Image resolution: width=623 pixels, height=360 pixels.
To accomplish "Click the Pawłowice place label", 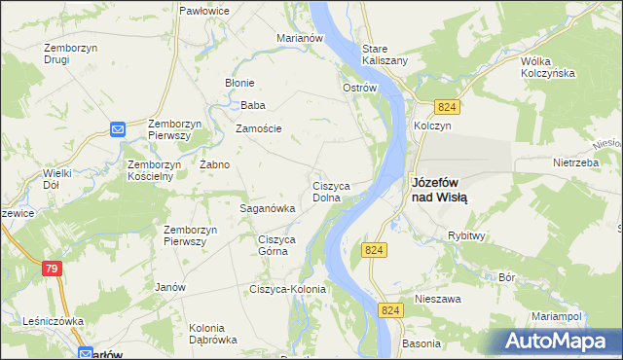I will click(x=203, y=10).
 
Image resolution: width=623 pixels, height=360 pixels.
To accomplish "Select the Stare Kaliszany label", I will click(x=385, y=54).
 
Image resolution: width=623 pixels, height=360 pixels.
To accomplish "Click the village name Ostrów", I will click(x=359, y=88).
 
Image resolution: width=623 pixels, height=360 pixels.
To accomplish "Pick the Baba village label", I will click(x=253, y=105).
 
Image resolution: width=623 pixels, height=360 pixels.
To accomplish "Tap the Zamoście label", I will click(x=259, y=128).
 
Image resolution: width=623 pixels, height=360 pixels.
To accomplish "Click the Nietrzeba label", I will click(x=575, y=162).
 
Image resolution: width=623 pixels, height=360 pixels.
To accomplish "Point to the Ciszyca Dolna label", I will click(x=338, y=191).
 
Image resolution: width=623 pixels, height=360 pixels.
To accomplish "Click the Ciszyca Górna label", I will click(x=275, y=245).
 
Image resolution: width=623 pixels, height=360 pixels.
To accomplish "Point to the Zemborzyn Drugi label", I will click(x=68, y=53).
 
